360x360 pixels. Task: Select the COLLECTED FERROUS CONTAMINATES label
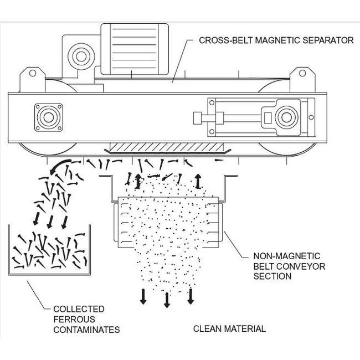(x=86, y=319)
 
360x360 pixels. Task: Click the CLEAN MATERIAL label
(x=229, y=328)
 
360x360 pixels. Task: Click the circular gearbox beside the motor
(x=78, y=57)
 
